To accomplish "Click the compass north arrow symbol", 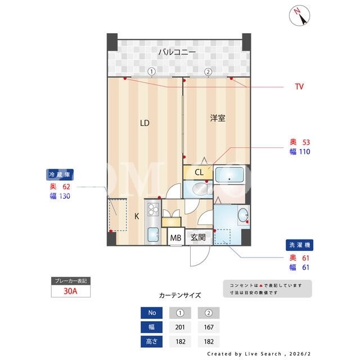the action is coord(299,16).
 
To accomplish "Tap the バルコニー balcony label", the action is coord(177,52).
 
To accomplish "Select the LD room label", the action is coord(145,123).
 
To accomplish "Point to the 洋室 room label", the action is coord(218,118).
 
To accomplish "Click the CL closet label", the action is coord(199,172).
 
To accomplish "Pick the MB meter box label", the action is coord(175,238).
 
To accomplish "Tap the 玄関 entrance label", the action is coord(198,237).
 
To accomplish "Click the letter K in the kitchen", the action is coord(137,216).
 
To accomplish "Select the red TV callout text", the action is coord(299,87).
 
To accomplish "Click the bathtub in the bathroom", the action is coord(229,175).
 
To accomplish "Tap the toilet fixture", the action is coord(202,189).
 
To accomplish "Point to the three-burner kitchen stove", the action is coord(153,209).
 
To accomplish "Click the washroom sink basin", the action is coord(243,215).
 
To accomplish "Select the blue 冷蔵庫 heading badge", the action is coord(60,175).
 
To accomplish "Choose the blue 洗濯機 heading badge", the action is coord(299,245).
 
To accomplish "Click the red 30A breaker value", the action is coord(70,291).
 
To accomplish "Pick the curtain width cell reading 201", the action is coord(180,327).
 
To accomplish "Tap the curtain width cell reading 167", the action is coord(209,327).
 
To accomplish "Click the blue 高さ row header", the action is coord(151,341).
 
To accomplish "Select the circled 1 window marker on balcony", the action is coord(151,71).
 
